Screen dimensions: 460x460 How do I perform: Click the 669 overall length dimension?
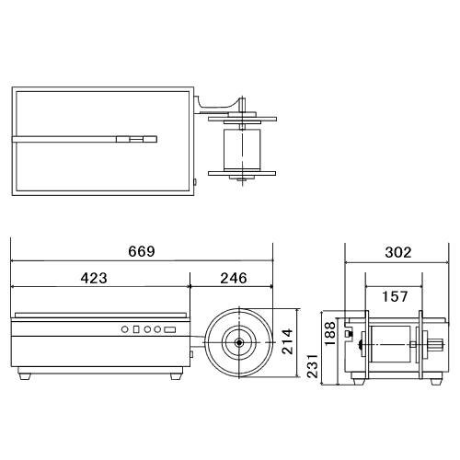pyautogui.click(x=142, y=251)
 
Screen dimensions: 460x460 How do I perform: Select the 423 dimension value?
pyautogui.click(x=94, y=278)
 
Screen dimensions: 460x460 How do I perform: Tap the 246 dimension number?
pyautogui.click(x=234, y=278)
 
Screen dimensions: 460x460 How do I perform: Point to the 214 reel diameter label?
pyautogui.click(x=287, y=341)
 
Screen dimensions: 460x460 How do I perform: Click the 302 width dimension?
pyautogui.click(x=398, y=252)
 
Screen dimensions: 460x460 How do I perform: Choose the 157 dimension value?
pyautogui.click(x=395, y=296)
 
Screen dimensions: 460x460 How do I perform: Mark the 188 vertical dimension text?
pyautogui.click(x=330, y=333)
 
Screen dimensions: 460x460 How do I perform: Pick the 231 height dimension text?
pyautogui.click(x=313, y=365)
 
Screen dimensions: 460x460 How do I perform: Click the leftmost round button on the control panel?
pyautogui.click(x=124, y=329)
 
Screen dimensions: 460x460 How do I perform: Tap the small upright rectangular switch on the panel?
pyautogui.click(x=136, y=329)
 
